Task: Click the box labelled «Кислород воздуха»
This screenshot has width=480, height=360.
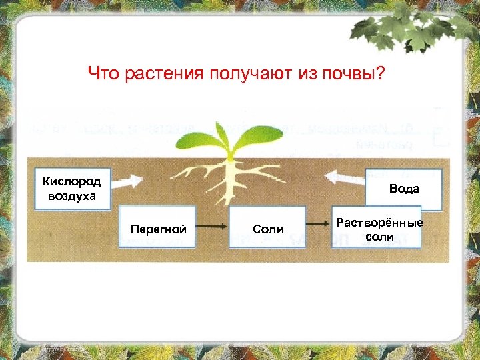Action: point(71,189)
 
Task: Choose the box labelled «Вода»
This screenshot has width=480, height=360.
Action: point(404,189)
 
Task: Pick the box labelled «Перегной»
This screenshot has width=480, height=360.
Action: point(157,229)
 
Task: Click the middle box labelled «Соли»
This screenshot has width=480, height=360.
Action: point(268,229)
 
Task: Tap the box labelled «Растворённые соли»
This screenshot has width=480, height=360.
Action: point(379,229)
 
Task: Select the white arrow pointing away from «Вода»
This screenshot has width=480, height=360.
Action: point(345,178)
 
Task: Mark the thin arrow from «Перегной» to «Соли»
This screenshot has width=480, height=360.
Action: point(213,228)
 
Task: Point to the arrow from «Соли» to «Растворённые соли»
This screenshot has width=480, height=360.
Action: point(319,228)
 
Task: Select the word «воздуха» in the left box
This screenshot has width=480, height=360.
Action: point(71,196)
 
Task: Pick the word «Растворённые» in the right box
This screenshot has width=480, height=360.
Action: point(379,222)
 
